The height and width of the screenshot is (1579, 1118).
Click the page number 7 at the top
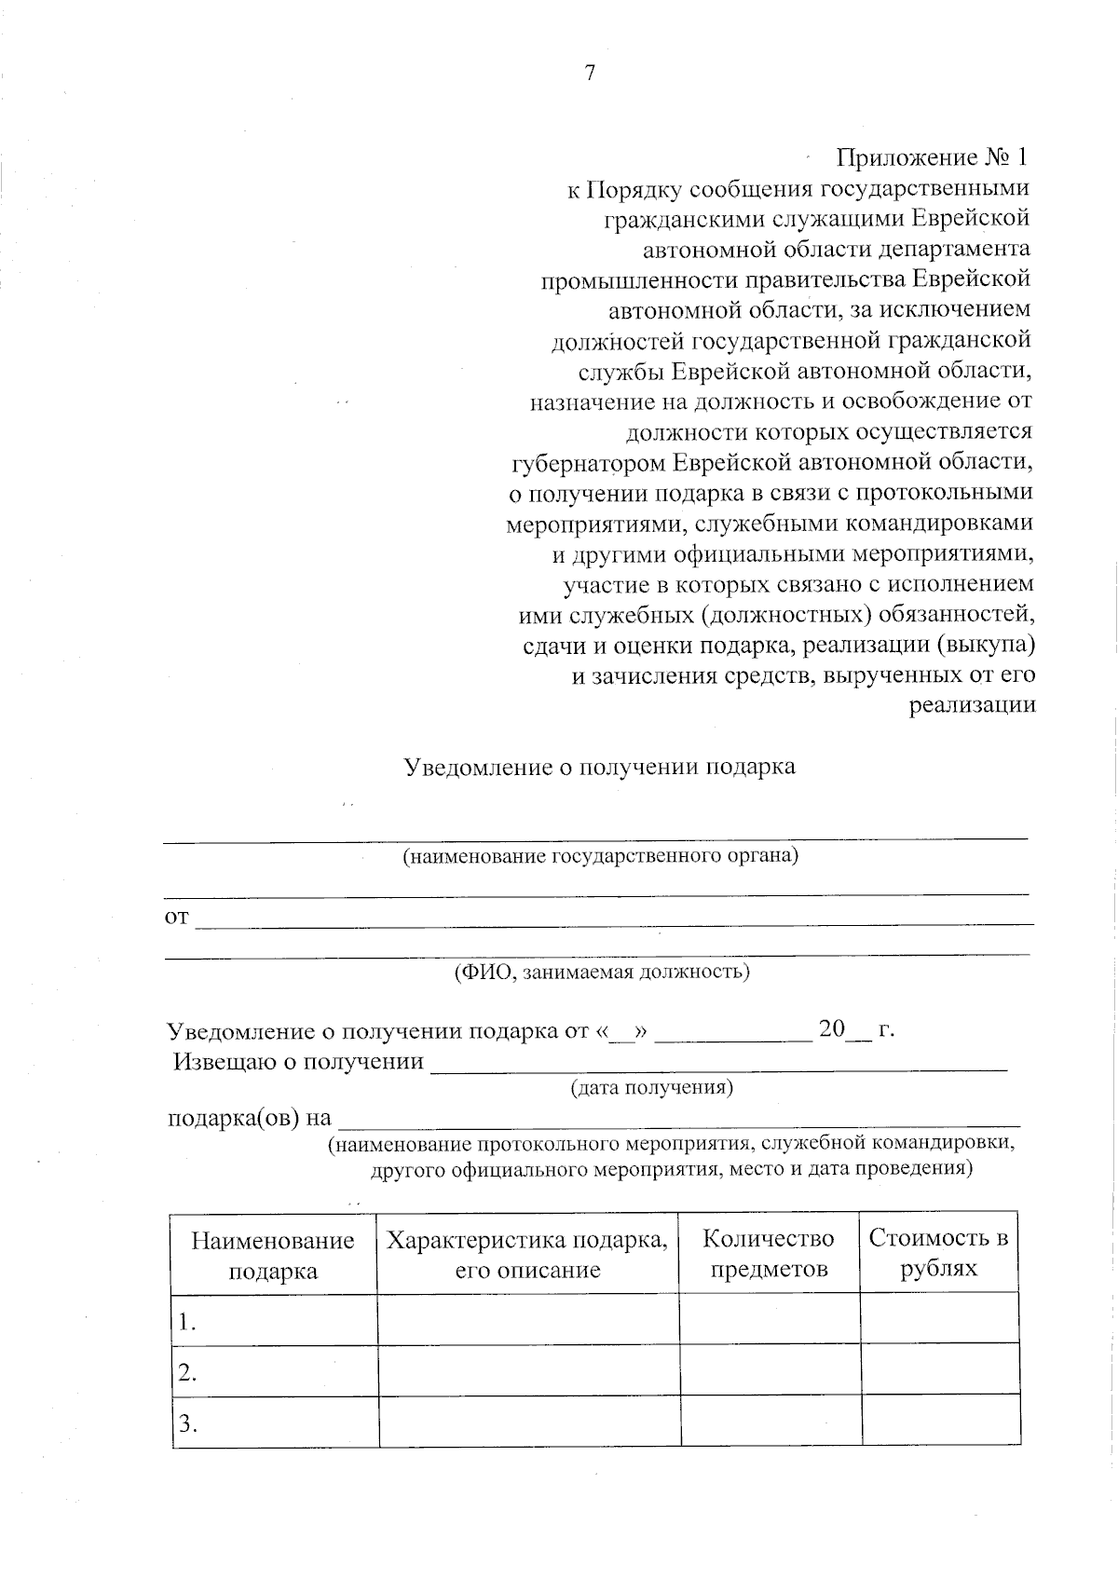click(x=590, y=74)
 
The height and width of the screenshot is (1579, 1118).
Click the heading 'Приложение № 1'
click(x=933, y=157)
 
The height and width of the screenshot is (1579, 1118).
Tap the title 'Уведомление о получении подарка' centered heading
click(x=599, y=767)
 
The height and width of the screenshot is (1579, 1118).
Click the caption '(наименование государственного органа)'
click(x=600, y=855)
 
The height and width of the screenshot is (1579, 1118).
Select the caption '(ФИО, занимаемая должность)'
click(x=601, y=973)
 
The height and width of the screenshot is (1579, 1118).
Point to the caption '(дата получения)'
click(x=651, y=1087)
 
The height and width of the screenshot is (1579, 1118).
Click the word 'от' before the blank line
click(x=176, y=919)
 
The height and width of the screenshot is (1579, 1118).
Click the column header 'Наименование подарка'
click(x=273, y=1255)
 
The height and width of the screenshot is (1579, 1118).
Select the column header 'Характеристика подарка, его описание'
click(x=527, y=1255)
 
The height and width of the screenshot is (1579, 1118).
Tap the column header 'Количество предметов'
click(x=769, y=1254)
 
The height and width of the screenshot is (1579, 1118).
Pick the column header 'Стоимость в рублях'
click(x=938, y=1254)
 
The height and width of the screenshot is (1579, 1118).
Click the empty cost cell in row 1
click(x=938, y=1319)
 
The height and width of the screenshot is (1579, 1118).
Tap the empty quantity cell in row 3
click(x=770, y=1421)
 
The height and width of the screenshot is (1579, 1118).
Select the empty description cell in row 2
click(x=528, y=1369)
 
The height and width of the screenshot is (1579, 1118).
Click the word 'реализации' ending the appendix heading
click(x=972, y=705)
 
